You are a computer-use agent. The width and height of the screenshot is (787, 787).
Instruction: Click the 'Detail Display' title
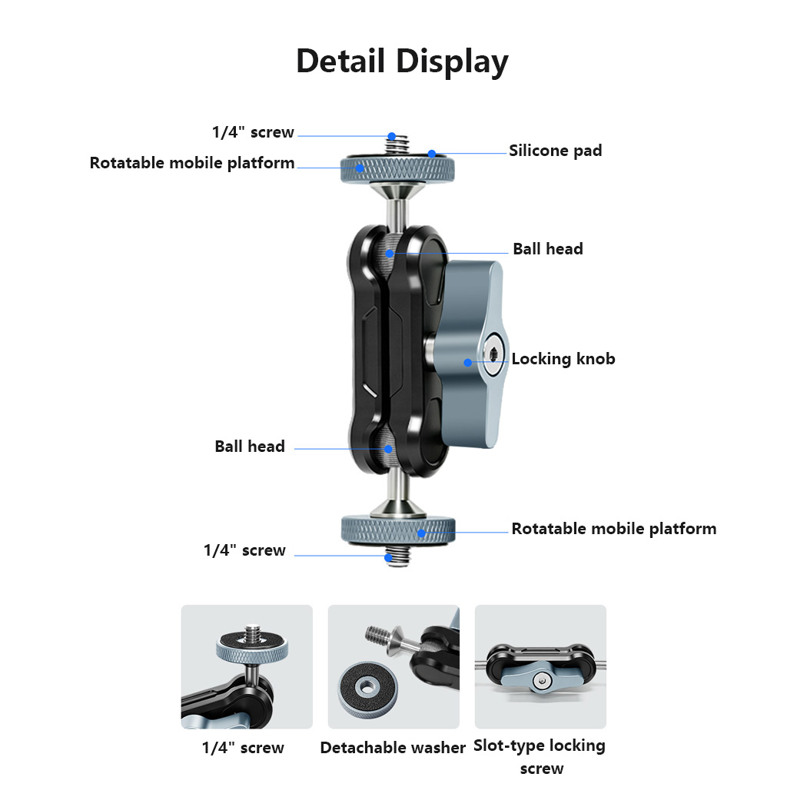pyautogui.click(x=402, y=61)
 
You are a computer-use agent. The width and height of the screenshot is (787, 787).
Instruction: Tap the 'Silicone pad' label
pyautogui.click(x=555, y=151)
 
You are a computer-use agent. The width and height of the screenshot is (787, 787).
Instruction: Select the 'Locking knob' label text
pyautogui.click(x=563, y=359)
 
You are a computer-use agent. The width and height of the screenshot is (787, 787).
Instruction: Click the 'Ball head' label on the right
pyautogui.click(x=547, y=249)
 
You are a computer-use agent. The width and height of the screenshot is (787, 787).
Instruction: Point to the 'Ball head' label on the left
pyautogui.click(x=250, y=447)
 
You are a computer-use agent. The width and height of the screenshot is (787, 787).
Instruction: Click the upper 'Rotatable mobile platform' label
pyautogui.click(x=191, y=163)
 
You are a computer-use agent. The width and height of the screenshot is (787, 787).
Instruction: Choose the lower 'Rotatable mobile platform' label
pyautogui.click(x=614, y=529)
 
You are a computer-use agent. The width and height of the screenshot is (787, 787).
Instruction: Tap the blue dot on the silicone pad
pyautogui.click(x=432, y=154)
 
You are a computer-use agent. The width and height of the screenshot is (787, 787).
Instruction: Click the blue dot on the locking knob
pyautogui.click(x=468, y=363)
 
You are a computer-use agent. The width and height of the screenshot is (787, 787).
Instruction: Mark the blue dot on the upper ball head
pyautogui.click(x=390, y=254)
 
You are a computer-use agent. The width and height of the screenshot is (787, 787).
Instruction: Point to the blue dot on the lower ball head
pyautogui.click(x=388, y=449)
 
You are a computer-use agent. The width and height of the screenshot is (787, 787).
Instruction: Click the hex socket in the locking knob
pyautogui.click(x=493, y=355)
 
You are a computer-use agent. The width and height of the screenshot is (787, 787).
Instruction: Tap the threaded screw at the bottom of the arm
pyautogui.click(x=397, y=556)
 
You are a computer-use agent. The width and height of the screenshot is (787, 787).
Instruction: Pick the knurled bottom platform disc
pyautogui.click(x=398, y=530)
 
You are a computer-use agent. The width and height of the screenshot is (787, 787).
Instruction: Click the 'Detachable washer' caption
pyautogui.click(x=393, y=748)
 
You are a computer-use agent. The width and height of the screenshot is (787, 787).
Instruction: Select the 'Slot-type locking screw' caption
pyautogui.click(x=540, y=757)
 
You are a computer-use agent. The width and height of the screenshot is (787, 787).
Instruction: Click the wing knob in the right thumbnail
pyautogui.click(x=540, y=678)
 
